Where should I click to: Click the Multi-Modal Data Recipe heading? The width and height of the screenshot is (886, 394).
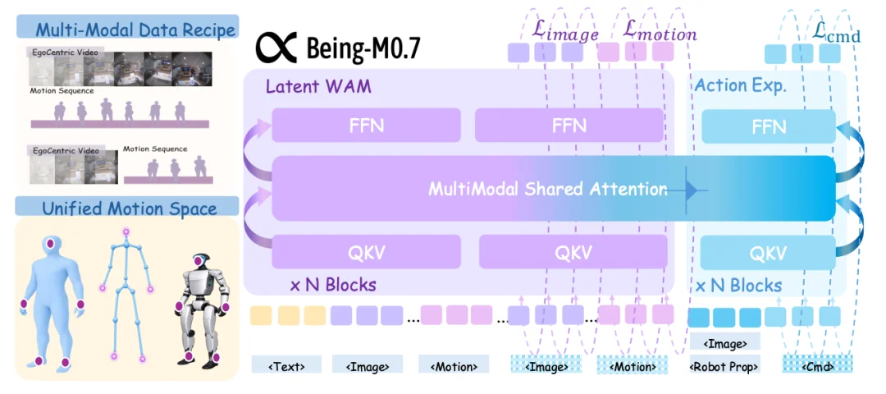pyautogui.click(x=135, y=29)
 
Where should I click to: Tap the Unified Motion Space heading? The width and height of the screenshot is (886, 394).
pyautogui.click(x=130, y=208)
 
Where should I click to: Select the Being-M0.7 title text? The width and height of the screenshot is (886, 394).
pyautogui.click(x=363, y=49)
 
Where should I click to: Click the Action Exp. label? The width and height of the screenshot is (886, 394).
pyautogui.click(x=741, y=85)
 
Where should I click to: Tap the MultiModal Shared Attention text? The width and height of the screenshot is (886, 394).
pyautogui.click(x=547, y=188)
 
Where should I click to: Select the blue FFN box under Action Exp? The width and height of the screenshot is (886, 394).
pyautogui.click(x=769, y=126)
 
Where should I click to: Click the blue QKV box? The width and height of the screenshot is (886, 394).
pyautogui.click(x=768, y=253)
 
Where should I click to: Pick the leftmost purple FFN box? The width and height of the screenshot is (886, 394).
pyautogui.click(x=366, y=125)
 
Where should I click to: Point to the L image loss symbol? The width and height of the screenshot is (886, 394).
pyautogui.click(x=565, y=32)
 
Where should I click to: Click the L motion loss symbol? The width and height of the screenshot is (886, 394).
pyautogui.click(x=660, y=32)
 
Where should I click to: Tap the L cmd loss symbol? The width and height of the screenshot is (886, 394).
pyautogui.click(x=836, y=34)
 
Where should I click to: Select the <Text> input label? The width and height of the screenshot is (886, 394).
pyautogui.click(x=286, y=366)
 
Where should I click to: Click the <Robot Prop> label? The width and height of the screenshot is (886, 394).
pyautogui.click(x=725, y=367)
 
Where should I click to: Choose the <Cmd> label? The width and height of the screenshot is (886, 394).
pyautogui.click(x=817, y=366)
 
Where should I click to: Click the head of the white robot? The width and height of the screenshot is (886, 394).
pyautogui.click(x=201, y=262)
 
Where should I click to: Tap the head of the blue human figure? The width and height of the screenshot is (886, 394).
pyautogui.click(x=51, y=245)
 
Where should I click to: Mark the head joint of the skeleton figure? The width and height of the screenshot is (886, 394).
pyautogui.click(x=126, y=231)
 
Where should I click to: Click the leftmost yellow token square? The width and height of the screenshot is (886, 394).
pyautogui.click(x=261, y=315)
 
